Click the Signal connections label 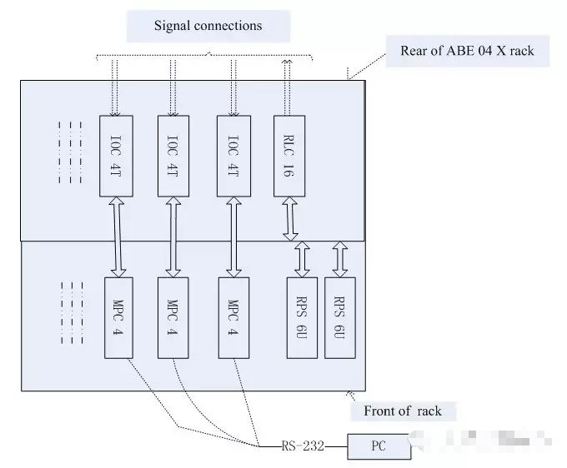(x=208, y=26)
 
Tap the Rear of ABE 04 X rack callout (x=467, y=52)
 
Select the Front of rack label (x=402, y=411)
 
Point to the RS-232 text (x=303, y=447)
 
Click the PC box (x=379, y=447)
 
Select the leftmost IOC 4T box (x=116, y=156)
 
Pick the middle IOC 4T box (x=173, y=156)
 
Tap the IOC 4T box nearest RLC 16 (x=233, y=156)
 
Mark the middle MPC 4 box (x=173, y=317)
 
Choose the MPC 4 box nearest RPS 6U (x=233, y=317)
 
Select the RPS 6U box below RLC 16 (x=302, y=317)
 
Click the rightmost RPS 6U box (x=339, y=317)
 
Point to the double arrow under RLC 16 (x=291, y=217)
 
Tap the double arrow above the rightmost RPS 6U (x=339, y=259)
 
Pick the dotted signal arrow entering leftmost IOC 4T (x=116, y=87)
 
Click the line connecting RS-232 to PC (x=335, y=447)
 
